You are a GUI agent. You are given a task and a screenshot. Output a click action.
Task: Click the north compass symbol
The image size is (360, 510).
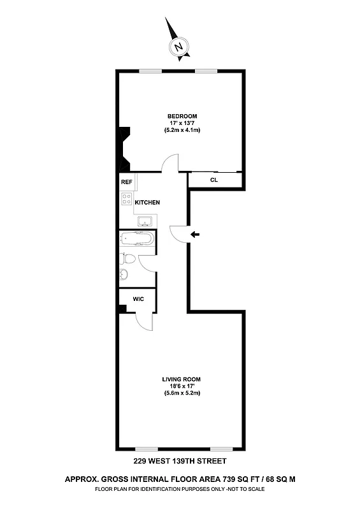click(x=179, y=46)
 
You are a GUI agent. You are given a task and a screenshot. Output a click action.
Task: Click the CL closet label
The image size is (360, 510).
click(x=214, y=180)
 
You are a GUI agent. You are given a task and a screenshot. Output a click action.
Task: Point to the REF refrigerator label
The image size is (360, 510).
click(x=126, y=182)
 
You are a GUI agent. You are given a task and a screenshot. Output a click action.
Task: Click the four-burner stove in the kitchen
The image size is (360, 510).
click(x=126, y=202)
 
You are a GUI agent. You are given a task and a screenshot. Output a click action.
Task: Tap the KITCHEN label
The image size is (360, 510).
click(x=147, y=203)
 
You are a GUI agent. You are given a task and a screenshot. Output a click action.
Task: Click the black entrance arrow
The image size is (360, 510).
click(x=195, y=235)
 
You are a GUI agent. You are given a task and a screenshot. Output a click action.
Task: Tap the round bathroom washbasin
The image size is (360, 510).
click(x=124, y=275)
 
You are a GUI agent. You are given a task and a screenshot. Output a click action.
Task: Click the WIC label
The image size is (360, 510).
click(x=138, y=298)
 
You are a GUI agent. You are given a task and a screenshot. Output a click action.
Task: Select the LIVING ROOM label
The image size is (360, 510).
click(x=181, y=379)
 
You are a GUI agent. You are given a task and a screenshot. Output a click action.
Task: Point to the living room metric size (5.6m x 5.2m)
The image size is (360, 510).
click(x=181, y=393)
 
